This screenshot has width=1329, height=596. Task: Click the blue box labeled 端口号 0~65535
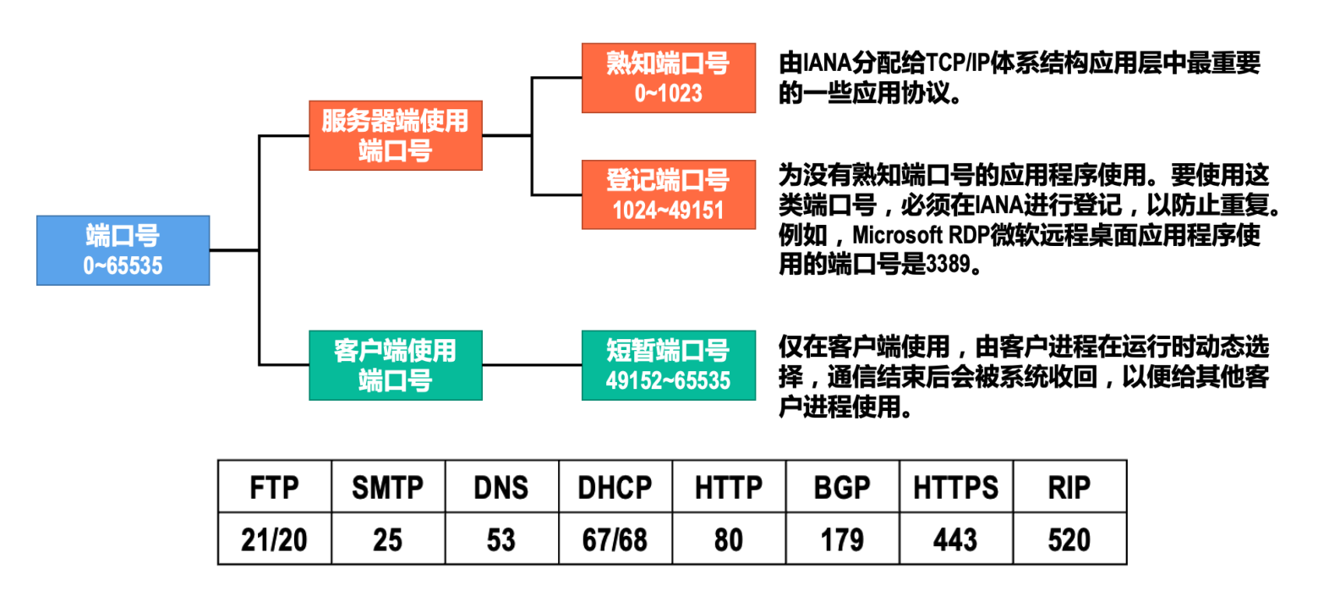pos(123,250)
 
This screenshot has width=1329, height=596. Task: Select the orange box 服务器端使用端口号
pos(396,135)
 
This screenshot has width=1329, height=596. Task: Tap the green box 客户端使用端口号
pos(396,365)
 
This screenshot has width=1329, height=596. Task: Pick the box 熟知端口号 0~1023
pos(668,78)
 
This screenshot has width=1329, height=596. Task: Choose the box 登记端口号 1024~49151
pos(668,194)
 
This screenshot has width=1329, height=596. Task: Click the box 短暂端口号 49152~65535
pos(668,365)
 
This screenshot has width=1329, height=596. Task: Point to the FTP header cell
pos(274,488)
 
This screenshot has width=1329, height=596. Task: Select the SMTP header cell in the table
pos(388,488)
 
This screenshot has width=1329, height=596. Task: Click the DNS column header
pos(501,488)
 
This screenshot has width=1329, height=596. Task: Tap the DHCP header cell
pos(615,488)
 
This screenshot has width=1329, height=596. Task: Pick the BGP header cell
pos(842,488)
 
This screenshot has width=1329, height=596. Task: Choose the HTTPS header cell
pos(955,488)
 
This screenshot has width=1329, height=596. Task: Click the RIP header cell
pos(1069,488)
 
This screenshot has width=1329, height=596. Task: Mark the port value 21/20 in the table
pos(274,539)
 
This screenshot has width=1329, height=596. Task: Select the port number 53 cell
pos(501,539)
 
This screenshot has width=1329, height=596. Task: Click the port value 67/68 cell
pos(615,539)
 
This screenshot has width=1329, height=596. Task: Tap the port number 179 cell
pos(842,539)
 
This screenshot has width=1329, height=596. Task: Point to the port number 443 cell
pos(955,539)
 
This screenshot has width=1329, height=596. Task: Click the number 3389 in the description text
pos(948,265)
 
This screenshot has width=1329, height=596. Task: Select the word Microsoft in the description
pos(897,235)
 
